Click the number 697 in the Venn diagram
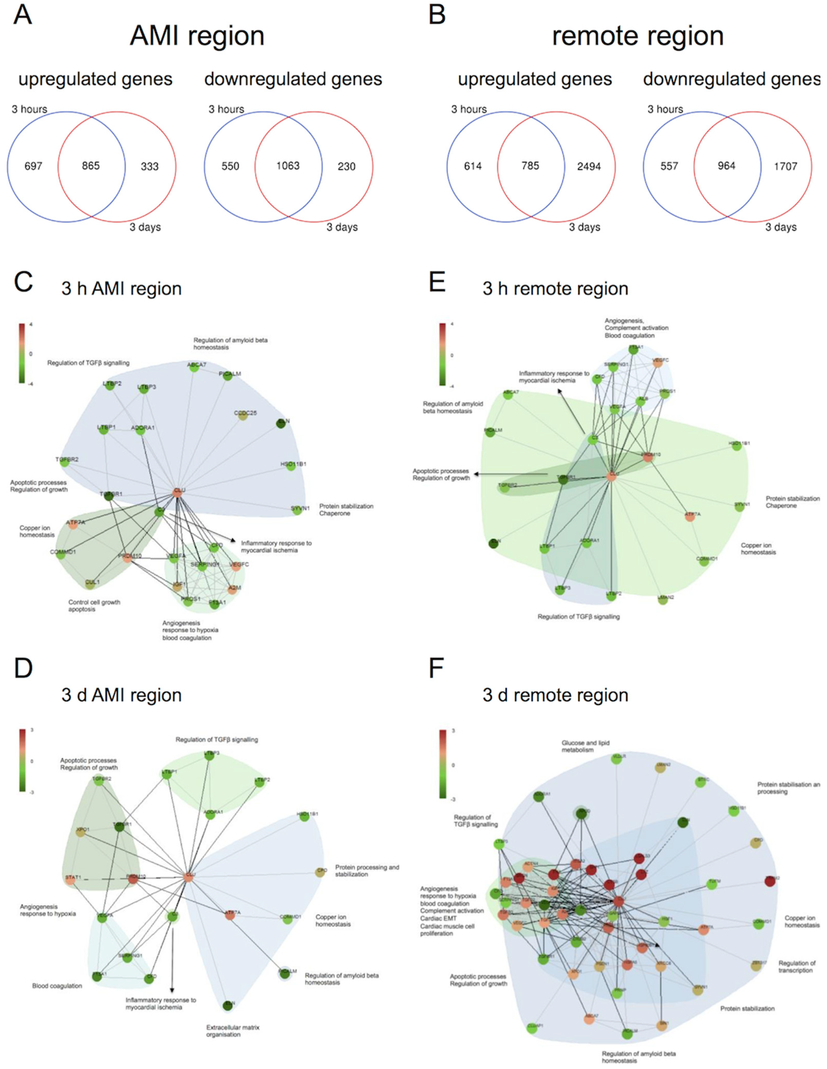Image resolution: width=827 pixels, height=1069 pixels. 33,166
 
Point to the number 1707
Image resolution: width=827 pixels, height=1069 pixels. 785,166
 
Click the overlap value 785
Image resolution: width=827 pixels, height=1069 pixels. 530,166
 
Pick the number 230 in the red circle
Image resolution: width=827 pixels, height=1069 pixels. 346,166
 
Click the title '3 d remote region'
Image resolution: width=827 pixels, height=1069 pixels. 555,695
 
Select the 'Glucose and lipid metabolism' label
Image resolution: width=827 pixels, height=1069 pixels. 585,747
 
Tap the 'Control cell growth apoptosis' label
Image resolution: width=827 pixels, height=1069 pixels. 94,606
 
